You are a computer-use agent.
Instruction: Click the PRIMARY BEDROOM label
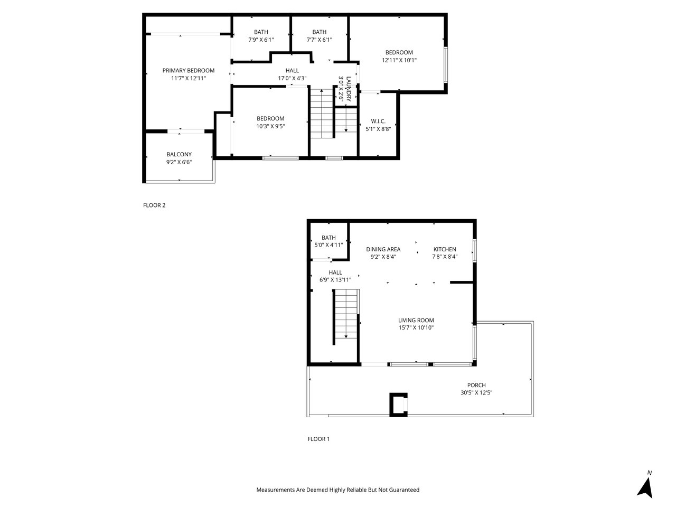tap(188, 70)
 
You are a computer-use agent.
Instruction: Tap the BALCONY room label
tap(179, 154)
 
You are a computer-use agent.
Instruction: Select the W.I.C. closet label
tap(378, 121)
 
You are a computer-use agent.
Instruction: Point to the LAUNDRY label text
tap(349, 89)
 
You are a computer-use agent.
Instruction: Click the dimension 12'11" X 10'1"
tap(399, 60)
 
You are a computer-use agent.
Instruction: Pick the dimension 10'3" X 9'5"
tap(270, 126)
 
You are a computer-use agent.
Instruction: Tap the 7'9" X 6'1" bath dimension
tap(261, 40)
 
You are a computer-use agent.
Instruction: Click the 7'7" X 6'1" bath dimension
tap(320, 40)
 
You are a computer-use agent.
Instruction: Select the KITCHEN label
tap(445, 249)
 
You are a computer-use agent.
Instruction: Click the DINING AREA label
tap(383, 249)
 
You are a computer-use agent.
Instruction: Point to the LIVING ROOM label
tap(416, 320)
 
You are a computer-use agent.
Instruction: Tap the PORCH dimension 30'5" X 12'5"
tap(476, 392)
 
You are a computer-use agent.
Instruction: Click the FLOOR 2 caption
tap(154, 205)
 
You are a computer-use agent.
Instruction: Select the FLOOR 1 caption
tap(318, 439)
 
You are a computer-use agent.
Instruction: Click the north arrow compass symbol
tap(645, 487)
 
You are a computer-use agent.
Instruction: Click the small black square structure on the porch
tap(399, 405)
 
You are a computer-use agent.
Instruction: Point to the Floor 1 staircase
tap(346, 317)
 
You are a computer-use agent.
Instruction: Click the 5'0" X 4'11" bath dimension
tap(328, 245)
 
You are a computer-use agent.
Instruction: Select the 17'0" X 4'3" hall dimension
tap(292, 78)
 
